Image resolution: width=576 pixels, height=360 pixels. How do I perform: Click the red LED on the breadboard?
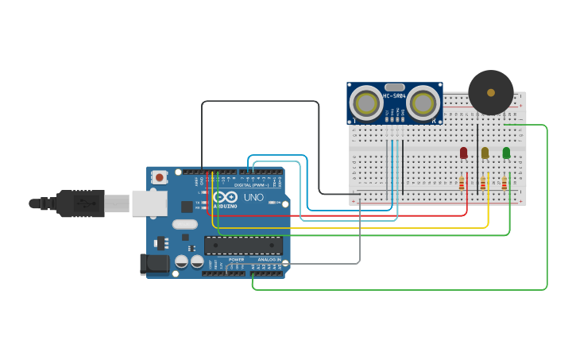tap(463, 153)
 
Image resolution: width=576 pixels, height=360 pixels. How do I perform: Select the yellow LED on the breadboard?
tap(485, 153)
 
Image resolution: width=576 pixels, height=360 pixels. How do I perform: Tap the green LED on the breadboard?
tap(506, 153)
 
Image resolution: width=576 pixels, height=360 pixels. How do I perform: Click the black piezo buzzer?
tap(490, 93)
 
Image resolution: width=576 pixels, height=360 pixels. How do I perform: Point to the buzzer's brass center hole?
tap(491, 92)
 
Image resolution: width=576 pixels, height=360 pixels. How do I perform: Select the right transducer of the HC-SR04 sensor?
tap(423, 103)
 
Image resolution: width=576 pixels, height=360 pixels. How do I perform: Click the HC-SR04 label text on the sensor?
tap(395, 96)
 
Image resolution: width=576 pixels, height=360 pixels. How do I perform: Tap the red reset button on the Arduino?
tap(159, 177)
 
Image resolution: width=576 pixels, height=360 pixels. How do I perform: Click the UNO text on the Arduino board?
tap(253, 197)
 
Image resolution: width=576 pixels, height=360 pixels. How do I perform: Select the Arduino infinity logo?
tap(225, 196)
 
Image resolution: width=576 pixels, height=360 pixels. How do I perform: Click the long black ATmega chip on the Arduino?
tap(243, 246)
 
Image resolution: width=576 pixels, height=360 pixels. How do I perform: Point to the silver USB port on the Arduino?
tap(149, 203)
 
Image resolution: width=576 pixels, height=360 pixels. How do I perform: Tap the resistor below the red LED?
tap(462, 184)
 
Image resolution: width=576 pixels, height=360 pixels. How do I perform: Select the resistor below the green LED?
tap(504, 184)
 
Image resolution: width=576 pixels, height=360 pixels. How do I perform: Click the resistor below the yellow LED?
tap(483, 184)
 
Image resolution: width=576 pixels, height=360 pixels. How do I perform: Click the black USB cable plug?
tap(79, 203)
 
